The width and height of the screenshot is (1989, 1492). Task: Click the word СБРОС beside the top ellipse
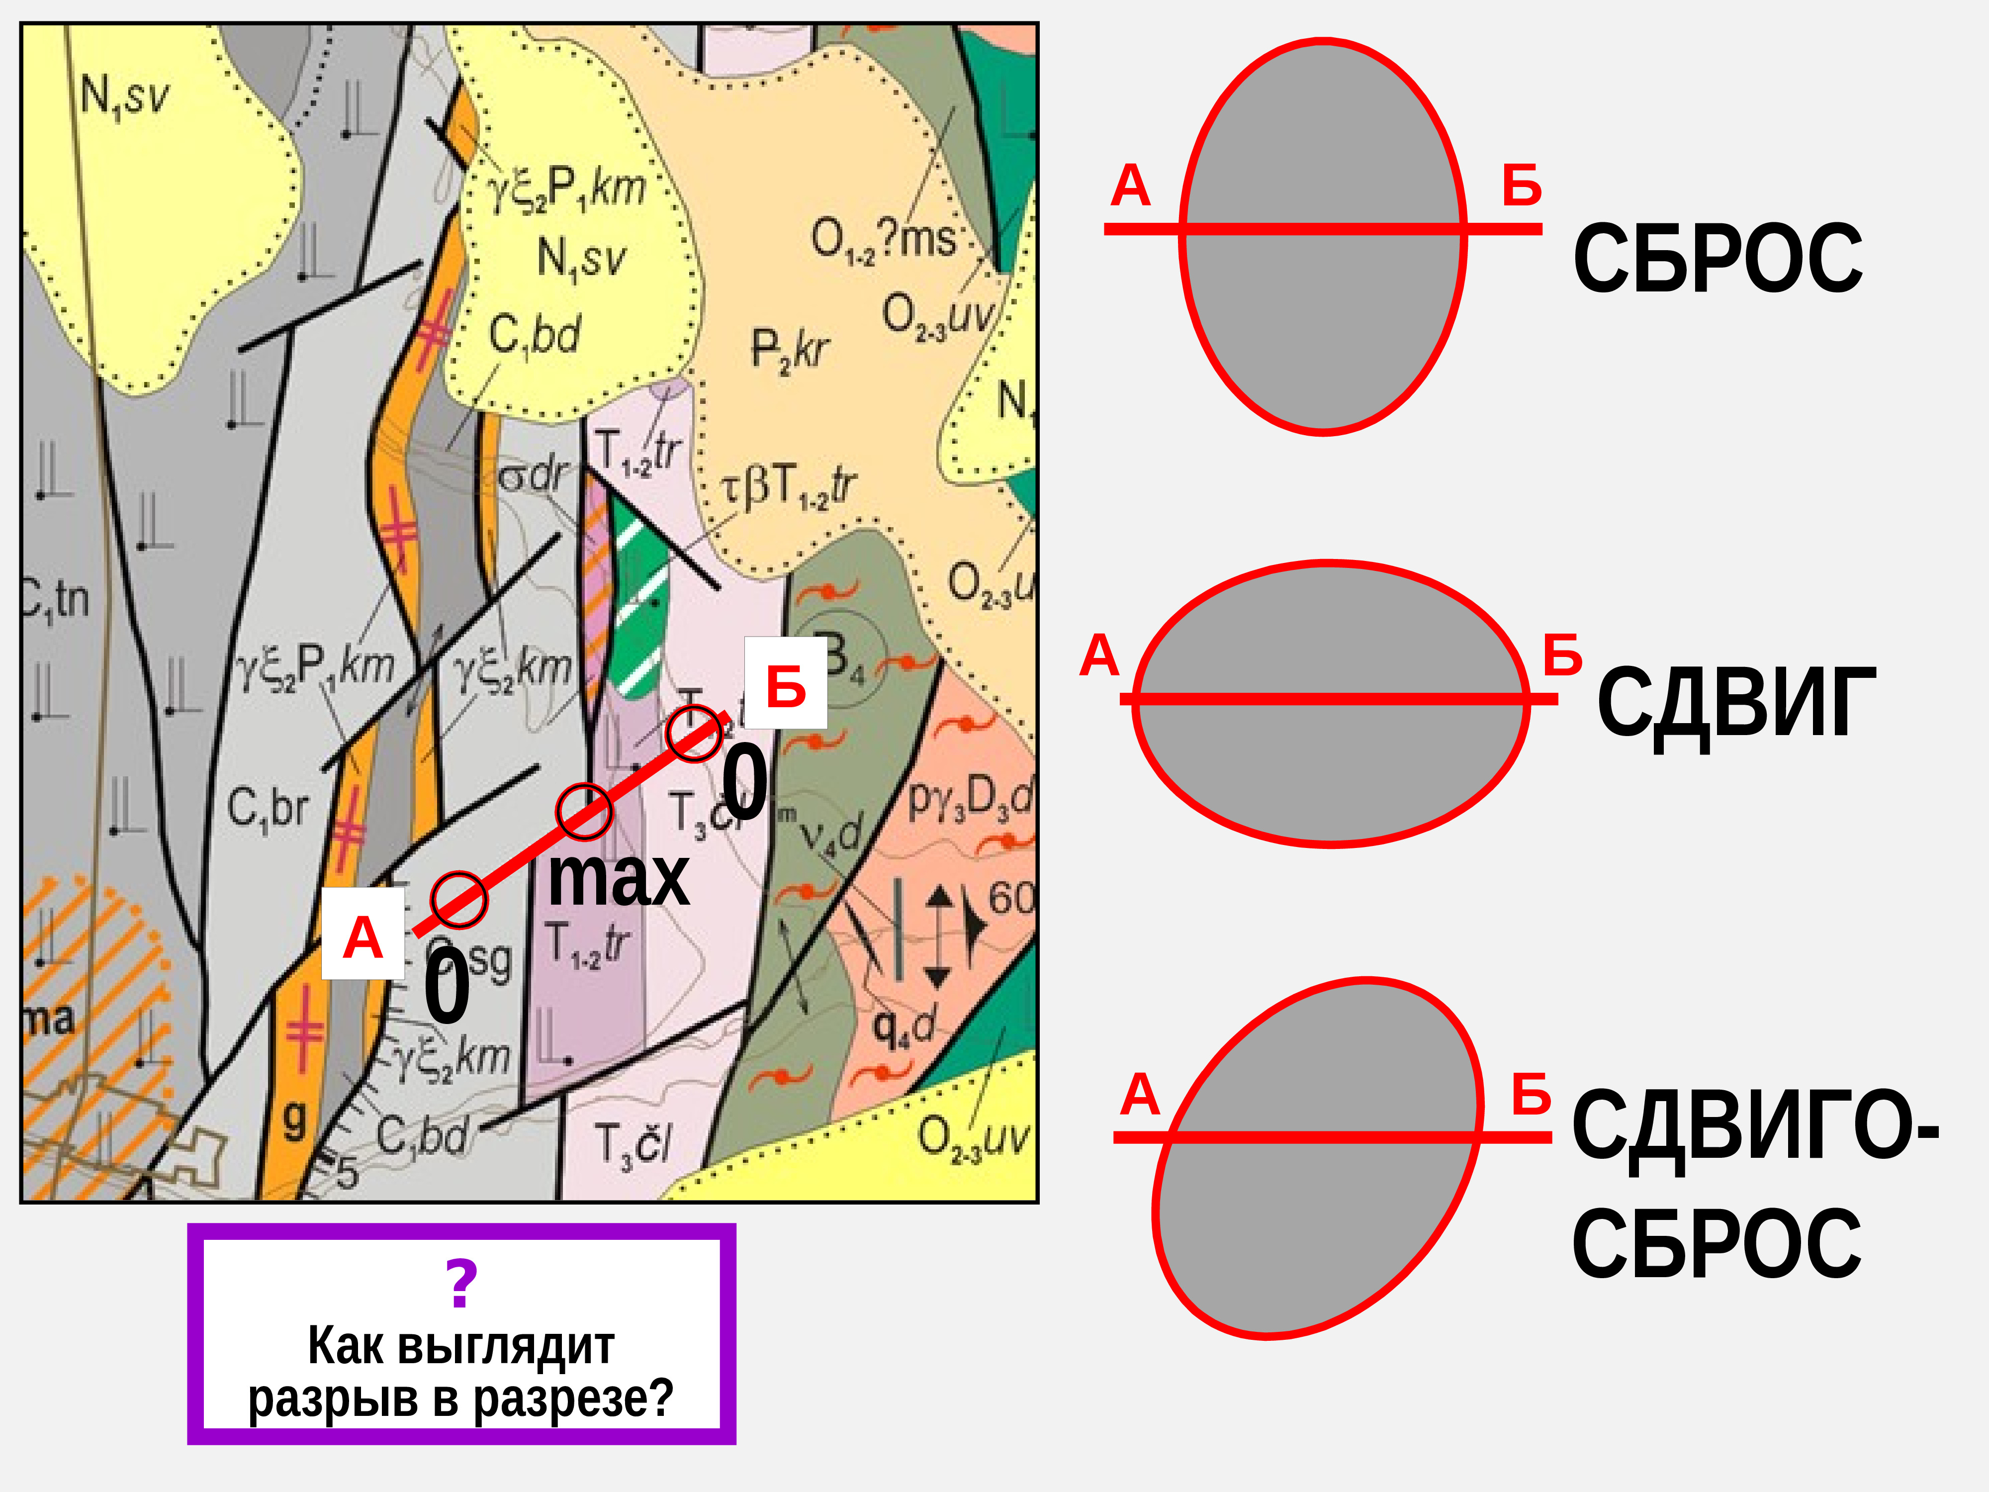click(x=1718, y=259)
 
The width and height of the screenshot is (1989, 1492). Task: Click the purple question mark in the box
click(x=461, y=1284)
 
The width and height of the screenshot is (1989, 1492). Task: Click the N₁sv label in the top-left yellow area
click(x=124, y=96)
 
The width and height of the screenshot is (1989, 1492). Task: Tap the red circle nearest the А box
click(x=458, y=899)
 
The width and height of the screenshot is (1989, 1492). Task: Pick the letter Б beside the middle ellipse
click(x=1562, y=654)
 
